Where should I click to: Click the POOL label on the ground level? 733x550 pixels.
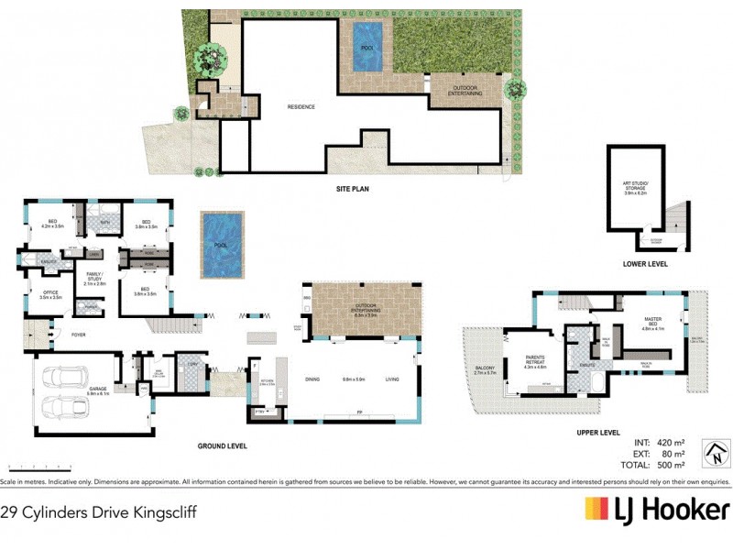point(221,247)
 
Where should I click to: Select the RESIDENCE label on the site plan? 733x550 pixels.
point(301,106)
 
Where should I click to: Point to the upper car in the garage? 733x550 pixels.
point(66,377)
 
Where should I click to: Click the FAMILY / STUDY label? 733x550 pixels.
point(95,277)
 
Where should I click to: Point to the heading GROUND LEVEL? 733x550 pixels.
point(223,445)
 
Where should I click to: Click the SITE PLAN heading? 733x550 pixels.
point(351,190)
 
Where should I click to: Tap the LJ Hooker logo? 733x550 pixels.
point(657,511)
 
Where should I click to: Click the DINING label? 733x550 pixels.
point(312,379)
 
